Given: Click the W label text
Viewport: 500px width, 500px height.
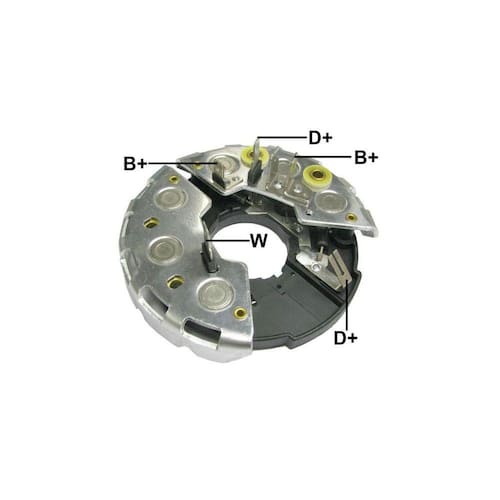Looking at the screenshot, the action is tap(259, 241).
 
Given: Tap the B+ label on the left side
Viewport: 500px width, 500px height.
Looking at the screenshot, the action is tap(135, 164).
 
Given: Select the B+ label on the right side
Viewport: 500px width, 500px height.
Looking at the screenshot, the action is tap(366, 157).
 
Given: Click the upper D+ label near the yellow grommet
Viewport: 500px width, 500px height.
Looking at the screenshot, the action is tap(320, 138).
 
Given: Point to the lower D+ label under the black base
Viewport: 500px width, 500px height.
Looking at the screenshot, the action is tap(346, 338).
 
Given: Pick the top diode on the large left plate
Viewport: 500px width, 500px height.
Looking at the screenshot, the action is tap(170, 198).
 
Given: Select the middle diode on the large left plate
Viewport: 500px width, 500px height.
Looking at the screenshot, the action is tap(165, 250).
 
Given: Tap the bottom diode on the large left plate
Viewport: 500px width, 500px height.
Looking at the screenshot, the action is tap(213, 293).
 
